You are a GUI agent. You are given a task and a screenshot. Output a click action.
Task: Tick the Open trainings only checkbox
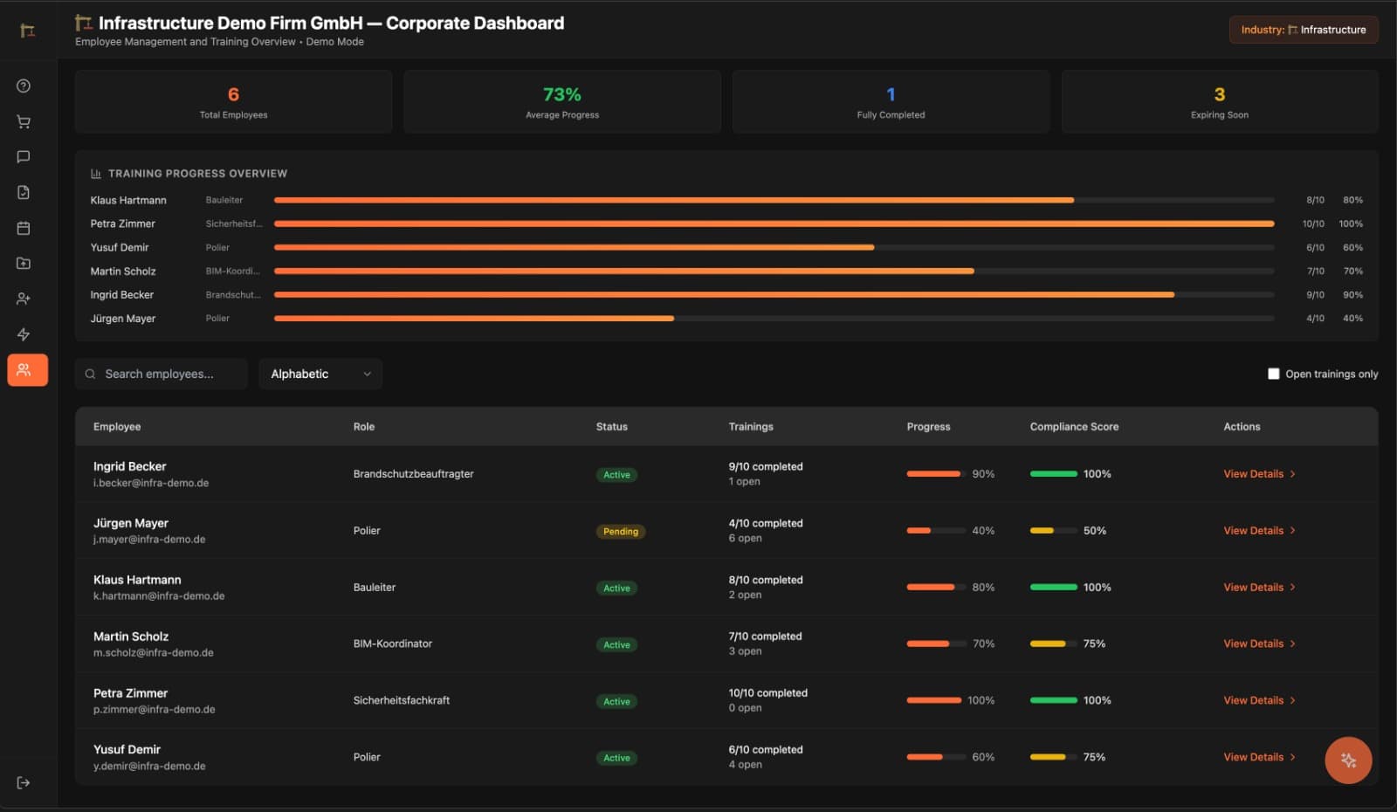[x=1273, y=374]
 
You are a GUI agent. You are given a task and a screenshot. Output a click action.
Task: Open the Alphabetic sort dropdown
[x=320, y=374]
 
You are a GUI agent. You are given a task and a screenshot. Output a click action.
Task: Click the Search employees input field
[x=162, y=374]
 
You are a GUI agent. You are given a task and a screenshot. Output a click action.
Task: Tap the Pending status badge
[x=620, y=532]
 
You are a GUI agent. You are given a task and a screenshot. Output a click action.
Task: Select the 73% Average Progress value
[x=561, y=94]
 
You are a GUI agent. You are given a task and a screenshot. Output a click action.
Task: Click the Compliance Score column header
[x=1073, y=427]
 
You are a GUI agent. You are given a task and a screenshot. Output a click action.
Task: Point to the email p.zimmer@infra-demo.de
[x=154, y=710]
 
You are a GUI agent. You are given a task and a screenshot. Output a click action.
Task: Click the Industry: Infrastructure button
[x=1303, y=30]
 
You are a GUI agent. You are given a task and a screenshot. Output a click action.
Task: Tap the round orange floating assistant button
[x=1347, y=760]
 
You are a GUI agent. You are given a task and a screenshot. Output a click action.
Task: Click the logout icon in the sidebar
[x=24, y=782]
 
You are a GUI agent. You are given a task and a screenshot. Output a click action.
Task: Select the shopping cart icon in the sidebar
[x=24, y=122]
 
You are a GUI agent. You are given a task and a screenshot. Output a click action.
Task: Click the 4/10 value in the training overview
[x=1314, y=319]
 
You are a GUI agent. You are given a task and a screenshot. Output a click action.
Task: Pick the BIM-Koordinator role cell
[x=392, y=643]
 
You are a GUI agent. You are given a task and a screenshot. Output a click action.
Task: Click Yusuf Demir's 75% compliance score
[x=1093, y=757]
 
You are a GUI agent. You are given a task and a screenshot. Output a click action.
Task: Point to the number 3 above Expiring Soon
[x=1219, y=94]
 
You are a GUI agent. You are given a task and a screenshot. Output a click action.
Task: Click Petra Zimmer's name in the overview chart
[x=122, y=224]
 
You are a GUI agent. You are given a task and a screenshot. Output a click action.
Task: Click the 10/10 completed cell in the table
[x=767, y=693]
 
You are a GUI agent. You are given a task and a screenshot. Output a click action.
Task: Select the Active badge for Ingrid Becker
[x=616, y=475]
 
